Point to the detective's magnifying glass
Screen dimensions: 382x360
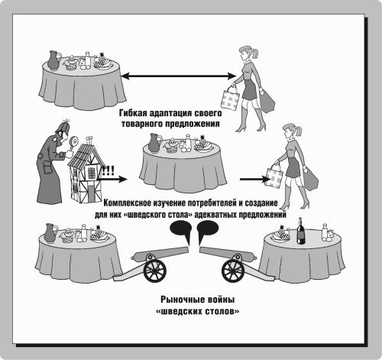point(74,142)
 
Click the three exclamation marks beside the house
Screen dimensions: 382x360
point(108,170)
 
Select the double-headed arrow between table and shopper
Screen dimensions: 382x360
point(178,76)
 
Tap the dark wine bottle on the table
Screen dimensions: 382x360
point(301,232)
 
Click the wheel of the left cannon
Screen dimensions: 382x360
point(155,271)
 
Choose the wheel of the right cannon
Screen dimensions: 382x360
point(233,271)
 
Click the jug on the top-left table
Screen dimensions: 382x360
point(54,60)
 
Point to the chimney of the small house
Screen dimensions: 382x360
point(89,141)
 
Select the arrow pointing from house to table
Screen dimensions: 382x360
point(112,179)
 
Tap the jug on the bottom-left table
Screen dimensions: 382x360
point(50,233)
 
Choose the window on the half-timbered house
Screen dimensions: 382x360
point(91,173)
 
